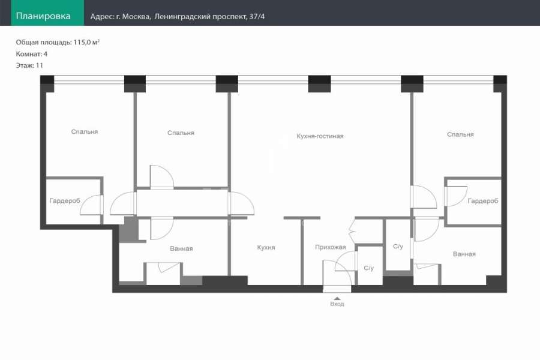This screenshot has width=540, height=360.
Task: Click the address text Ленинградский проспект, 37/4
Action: pyautogui.click(x=209, y=17)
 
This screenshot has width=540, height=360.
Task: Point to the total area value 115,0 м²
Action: pyautogui.click(x=86, y=42)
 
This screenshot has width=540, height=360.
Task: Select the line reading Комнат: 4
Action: pyautogui.click(x=32, y=54)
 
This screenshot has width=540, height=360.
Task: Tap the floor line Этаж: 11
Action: pyautogui.click(x=29, y=65)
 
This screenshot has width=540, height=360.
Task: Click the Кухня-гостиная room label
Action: pyautogui.click(x=320, y=136)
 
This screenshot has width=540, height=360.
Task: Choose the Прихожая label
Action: pyautogui.click(x=330, y=247)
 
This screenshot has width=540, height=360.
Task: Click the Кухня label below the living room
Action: pyautogui.click(x=266, y=247)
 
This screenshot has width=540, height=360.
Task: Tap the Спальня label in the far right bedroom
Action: pyautogui.click(x=460, y=134)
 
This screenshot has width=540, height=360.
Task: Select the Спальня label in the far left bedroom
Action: pyautogui.click(x=85, y=131)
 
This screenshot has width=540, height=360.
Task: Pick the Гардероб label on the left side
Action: pyautogui.click(x=65, y=200)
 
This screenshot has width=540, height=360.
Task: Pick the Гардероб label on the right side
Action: pyautogui.click(x=483, y=201)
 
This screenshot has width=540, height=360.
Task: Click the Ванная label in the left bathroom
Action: pyautogui.click(x=181, y=248)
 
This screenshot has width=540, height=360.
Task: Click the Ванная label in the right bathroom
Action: pyautogui.click(x=464, y=254)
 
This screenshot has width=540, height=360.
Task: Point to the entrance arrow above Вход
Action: pyautogui.click(x=337, y=298)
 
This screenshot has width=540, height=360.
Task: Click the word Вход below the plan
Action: pyautogui.click(x=337, y=304)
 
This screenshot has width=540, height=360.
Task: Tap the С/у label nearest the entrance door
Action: pyautogui.click(x=368, y=268)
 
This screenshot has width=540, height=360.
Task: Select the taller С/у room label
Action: pyautogui.click(x=398, y=247)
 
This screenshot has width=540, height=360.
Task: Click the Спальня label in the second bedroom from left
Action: pyautogui.click(x=181, y=133)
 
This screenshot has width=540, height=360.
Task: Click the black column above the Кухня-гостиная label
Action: pyautogui.click(x=319, y=84)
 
